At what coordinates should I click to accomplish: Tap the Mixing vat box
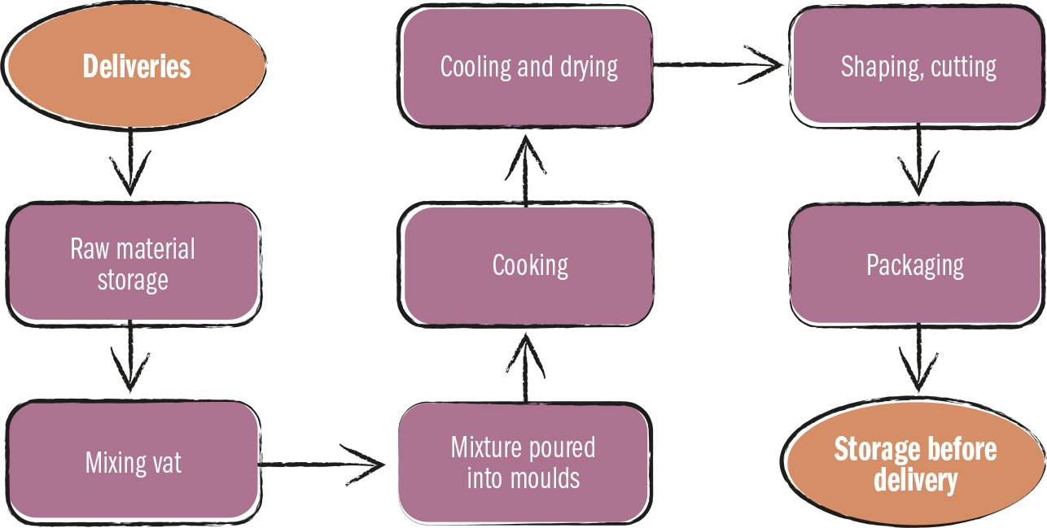(133, 462)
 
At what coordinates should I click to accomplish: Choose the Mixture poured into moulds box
(523, 461)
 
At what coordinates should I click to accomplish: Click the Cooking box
(529, 265)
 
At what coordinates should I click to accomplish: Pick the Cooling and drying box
(528, 68)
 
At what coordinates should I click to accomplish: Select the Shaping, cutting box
(918, 68)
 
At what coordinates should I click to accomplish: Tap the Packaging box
(915, 265)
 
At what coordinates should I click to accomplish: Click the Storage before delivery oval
(915, 465)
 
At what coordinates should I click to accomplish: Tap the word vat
(166, 463)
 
